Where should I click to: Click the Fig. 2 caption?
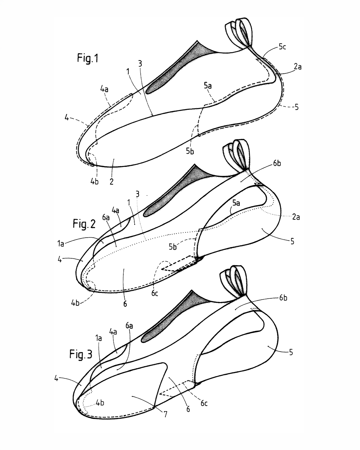[84, 224]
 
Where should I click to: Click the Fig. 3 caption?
[81, 354]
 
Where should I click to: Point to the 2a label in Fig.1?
[297, 67]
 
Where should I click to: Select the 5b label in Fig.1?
[190, 151]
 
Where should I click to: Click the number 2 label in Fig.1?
[112, 182]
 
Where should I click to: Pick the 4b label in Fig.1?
[94, 182]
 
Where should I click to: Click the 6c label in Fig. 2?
[154, 293]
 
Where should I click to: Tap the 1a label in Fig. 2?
[60, 244]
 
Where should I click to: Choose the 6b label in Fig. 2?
[277, 163]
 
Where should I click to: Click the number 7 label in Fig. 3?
[165, 414]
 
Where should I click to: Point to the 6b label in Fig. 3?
[283, 298]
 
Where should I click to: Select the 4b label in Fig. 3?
[100, 403]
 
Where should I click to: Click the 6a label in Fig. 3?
[129, 326]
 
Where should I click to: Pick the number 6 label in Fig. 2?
[125, 304]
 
